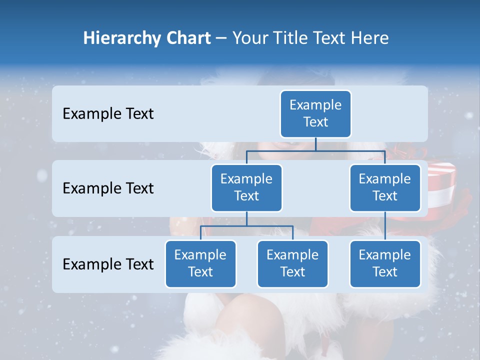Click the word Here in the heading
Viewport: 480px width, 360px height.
click(370, 38)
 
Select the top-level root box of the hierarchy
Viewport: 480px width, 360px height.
click(315, 113)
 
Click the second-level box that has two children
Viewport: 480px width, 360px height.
click(246, 187)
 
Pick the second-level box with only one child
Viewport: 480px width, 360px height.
click(385, 187)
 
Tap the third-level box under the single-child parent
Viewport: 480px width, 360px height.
click(385, 263)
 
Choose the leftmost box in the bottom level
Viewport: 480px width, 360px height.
click(200, 263)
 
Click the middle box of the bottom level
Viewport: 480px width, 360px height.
click(292, 263)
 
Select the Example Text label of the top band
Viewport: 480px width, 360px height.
click(108, 114)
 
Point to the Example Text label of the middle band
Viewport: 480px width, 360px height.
click(108, 188)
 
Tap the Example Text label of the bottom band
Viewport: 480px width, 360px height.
click(108, 264)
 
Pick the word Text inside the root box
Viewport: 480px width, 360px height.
click(315, 122)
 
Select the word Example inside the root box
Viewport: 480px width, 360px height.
click(315, 105)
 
